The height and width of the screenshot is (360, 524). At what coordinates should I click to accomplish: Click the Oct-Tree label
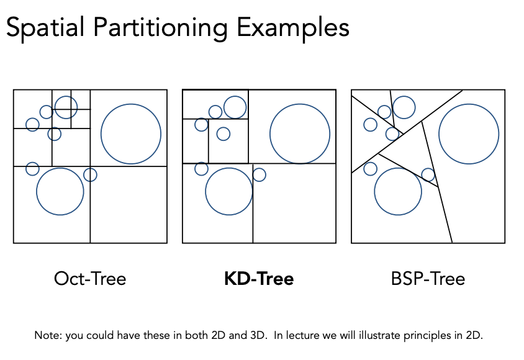pos(90,279)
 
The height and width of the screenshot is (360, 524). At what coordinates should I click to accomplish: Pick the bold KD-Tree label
pos(259,279)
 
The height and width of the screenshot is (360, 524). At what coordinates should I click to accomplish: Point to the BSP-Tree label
pos(428,279)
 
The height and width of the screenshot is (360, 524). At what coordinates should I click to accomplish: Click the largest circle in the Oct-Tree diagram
pos(131,134)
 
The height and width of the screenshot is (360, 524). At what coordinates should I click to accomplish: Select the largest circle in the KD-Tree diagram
pos(300,134)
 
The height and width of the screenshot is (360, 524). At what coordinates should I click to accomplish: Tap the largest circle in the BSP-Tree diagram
pos(469,134)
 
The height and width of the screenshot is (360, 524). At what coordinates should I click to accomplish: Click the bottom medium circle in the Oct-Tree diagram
pos(60,191)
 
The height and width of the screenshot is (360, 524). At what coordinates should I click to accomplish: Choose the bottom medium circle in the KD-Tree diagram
pos(229,191)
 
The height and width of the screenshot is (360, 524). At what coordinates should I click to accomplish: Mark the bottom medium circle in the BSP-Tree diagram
pos(398,191)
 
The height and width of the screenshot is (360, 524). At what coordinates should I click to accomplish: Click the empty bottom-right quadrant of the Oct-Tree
pos(129,205)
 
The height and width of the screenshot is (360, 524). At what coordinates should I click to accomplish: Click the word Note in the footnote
pos(46,336)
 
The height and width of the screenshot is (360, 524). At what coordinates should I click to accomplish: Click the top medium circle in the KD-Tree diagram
pos(235,107)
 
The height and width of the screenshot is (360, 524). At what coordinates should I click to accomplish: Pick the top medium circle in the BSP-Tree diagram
pos(404,107)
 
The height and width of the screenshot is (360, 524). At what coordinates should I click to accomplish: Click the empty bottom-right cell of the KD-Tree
pos(294,203)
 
